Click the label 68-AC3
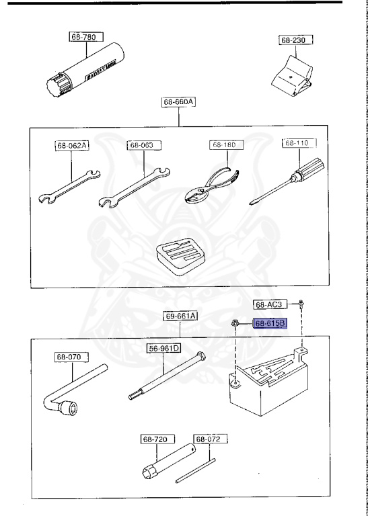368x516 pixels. [272, 304]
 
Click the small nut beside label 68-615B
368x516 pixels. [237, 322]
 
